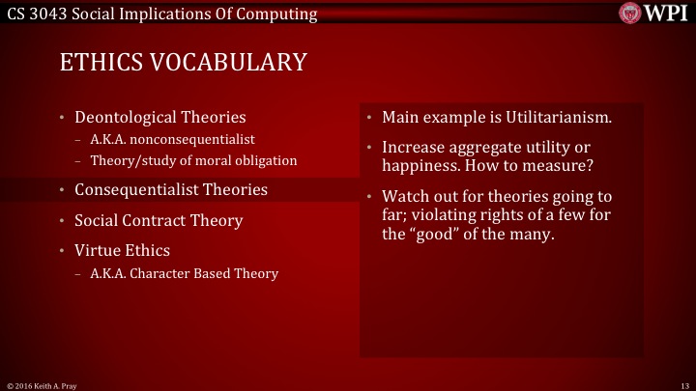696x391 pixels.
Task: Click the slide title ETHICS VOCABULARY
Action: [x=184, y=63]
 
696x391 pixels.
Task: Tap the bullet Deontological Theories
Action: [x=159, y=118]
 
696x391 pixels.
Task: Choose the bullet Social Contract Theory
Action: [x=159, y=220]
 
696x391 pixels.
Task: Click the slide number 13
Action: [x=683, y=385]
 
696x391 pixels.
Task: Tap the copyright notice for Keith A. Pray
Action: [x=43, y=385]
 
